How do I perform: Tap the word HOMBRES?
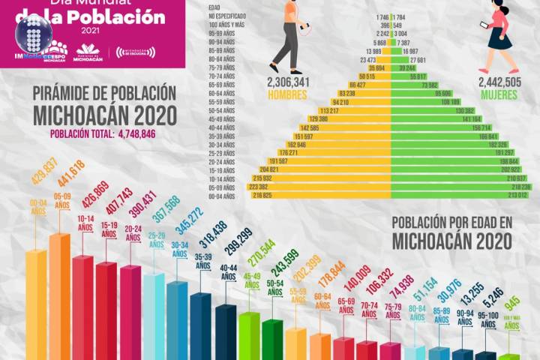tap(287, 95)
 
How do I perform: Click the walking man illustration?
tap(289, 34)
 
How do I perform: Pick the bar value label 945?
tap(512, 304)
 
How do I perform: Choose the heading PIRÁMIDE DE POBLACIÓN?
tap(104, 94)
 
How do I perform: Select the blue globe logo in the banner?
tap(33, 34)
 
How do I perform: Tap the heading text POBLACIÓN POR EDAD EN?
tap(451, 223)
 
